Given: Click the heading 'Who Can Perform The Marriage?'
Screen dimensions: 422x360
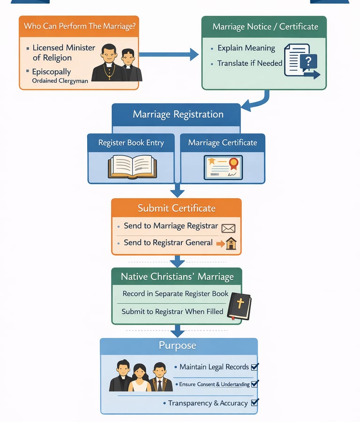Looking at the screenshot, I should tap(80, 26).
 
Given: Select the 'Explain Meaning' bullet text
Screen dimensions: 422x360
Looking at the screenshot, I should tap(246, 48).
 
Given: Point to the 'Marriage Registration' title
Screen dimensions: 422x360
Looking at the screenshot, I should tap(178, 114).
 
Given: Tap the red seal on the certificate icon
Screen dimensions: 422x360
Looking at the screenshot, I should tap(233, 163).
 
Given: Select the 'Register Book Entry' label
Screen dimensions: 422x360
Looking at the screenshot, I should tap(131, 143).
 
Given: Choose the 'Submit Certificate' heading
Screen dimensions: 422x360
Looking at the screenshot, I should tap(176, 208).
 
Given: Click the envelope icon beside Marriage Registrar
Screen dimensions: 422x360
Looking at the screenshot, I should tap(228, 228).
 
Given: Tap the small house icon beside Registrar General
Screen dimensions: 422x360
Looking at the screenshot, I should tap(231, 243).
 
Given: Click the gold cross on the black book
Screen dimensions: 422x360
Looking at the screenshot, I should tap(240, 304).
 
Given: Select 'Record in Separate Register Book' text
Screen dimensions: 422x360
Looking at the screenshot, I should tap(175, 294).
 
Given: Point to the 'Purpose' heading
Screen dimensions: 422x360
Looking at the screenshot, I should tap(177, 346).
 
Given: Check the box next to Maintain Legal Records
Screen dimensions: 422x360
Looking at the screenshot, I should tap(255, 367).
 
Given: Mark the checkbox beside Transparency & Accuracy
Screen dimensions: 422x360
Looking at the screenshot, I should tap(255, 402).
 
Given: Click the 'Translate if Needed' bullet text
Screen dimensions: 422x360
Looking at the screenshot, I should tap(249, 63).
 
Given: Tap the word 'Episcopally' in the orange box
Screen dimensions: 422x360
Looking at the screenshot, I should tap(52, 72).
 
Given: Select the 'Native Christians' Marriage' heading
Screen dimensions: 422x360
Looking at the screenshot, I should tap(177, 276).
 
